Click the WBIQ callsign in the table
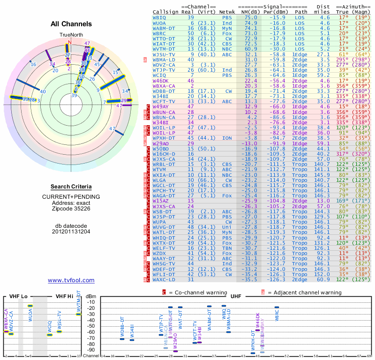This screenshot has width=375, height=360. (x=159, y=17)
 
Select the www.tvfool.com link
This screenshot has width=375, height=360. (x=71, y=280)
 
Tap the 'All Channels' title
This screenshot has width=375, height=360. (x=71, y=24)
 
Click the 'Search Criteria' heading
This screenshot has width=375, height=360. (x=71, y=186)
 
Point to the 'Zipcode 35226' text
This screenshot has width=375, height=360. (x=71, y=209)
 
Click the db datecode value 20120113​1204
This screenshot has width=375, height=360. (x=71, y=231)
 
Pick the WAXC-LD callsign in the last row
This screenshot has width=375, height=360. (x=163, y=279)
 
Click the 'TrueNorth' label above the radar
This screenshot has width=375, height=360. (x=71, y=35)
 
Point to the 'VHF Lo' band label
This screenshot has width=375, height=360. (x=18, y=296)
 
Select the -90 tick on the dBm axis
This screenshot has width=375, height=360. (x=91, y=350)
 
